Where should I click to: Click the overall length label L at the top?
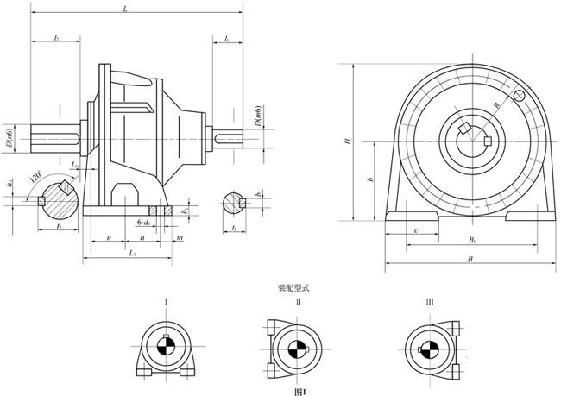pos(126,8)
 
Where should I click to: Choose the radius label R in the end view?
pos(496,104)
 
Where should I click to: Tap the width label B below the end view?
pos(470,258)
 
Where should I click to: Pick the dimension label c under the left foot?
pos(416,229)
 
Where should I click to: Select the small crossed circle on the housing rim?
pos(519,96)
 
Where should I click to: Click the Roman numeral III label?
pos(429,301)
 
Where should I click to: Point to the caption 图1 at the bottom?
pos(300,391)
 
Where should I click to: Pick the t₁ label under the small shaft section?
pos(236,228)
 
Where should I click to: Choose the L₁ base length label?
pos(130,254)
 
